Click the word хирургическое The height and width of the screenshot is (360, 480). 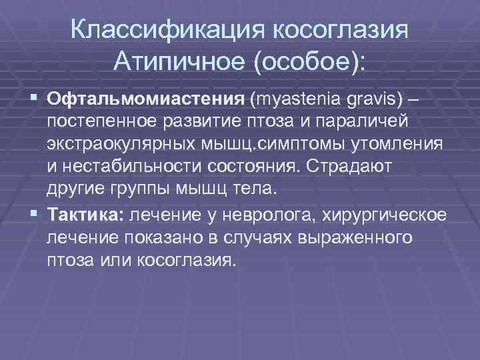coord(387,214)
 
